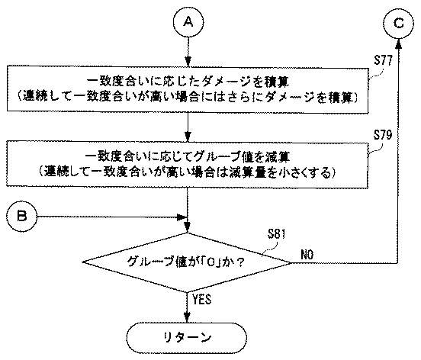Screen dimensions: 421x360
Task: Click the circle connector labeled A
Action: coord(188,22)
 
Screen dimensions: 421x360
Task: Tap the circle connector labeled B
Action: coord(21,216)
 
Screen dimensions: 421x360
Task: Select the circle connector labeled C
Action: coord(398,23)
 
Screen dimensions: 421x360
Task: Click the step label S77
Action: coord(383,61)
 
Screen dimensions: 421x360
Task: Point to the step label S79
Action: coord(383,135)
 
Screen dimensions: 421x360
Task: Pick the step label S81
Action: coord(276,234)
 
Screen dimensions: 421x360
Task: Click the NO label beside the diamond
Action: coord(307,254)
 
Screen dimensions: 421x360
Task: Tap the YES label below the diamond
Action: coord(202,299)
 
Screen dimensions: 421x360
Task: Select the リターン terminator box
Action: coord(186,338)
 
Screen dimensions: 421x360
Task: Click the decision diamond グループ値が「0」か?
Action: coord(187,262)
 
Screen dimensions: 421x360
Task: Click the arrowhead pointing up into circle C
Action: coord(398,43)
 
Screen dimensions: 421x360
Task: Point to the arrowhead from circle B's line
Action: coord(182,217)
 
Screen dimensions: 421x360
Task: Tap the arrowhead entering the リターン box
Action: coord(187,317)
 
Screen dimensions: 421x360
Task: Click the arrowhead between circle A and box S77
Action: coord(188,61)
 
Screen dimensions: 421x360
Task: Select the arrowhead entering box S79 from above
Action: coord(188,137)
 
